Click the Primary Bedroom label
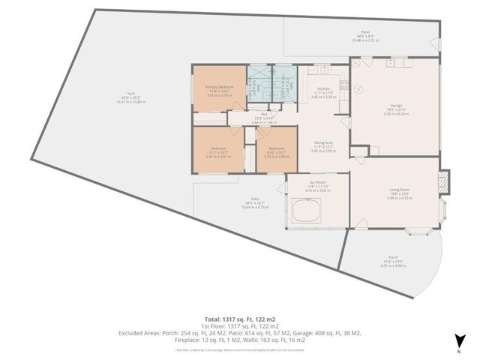click(x=218, y=86)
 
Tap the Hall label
click(x=264, y=114)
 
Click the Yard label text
click(x=131, y=94)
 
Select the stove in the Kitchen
click(x=335, y=73)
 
